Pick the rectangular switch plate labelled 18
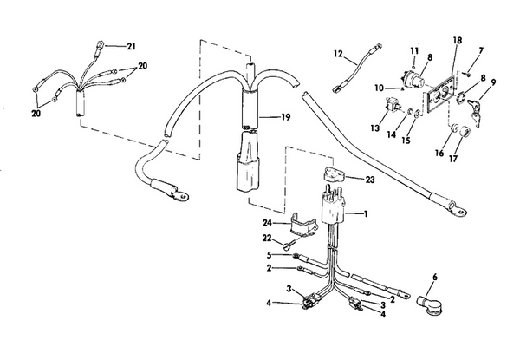pyautogui.click(x=441, y=93)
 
